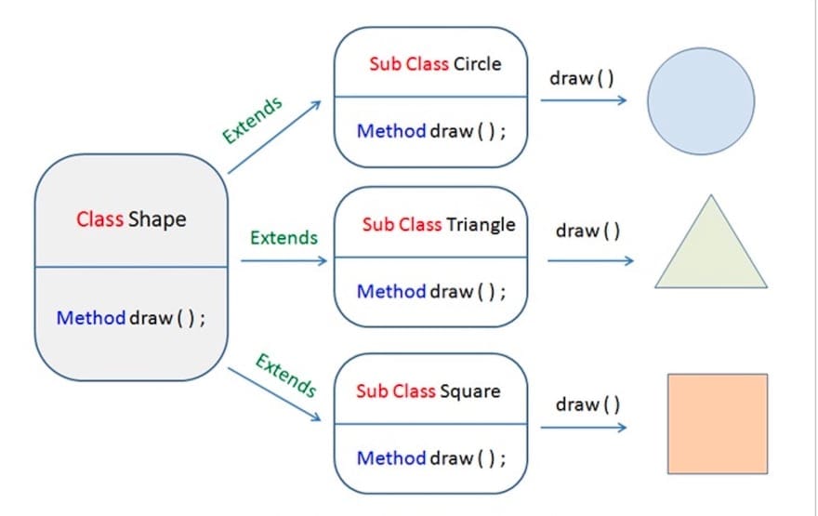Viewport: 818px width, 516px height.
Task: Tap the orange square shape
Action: pos(717,423)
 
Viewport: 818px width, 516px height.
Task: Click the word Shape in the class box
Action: pos(157,219)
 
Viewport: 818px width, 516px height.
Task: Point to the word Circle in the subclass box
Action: pos(477,64)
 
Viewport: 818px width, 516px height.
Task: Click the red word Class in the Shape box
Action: pos(99,219)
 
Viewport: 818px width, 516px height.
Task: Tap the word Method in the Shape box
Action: pos(90,318)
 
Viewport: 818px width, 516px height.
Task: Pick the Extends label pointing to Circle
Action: pos(252,119)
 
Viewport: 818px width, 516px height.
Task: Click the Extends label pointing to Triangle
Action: pos(284,237)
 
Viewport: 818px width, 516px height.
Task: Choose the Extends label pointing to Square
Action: pos(285,375)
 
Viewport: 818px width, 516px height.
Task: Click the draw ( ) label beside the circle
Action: pos(582,77)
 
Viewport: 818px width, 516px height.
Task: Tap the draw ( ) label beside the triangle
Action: pos(587,231)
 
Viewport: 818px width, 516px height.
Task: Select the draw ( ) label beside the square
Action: pos(587,404)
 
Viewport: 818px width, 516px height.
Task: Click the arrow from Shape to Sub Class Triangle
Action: pos(284,261)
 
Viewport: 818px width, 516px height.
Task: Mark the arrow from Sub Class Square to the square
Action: pos(583,428)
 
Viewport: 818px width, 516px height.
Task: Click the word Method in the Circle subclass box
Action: pos(391,131)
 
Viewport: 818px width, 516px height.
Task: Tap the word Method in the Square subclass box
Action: pos(391,458)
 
